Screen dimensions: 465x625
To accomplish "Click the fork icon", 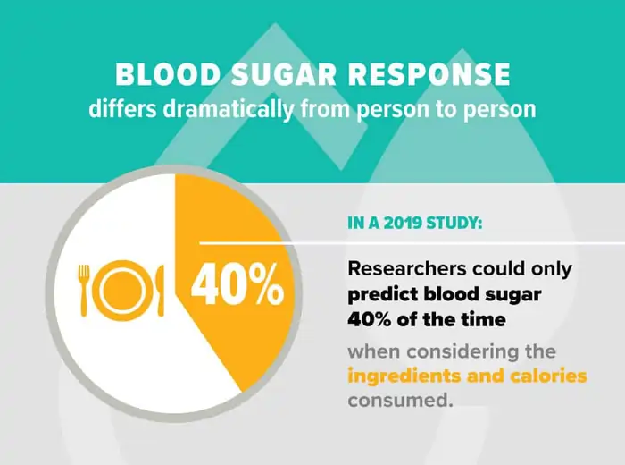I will pos(85,289).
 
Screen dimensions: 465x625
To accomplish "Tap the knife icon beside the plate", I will pos(161,289).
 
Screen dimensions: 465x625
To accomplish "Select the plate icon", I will pos(123,289).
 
